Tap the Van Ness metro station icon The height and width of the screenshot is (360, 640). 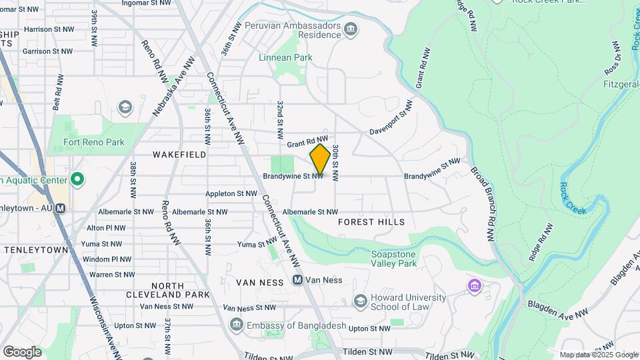[298, 281]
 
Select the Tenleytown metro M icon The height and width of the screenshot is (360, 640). [61, 208]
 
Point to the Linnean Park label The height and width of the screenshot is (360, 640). [285, 58]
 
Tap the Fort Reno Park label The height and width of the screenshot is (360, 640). [94, 142]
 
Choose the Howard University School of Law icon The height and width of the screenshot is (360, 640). [360, 301]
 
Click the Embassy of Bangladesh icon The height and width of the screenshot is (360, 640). [236, 325]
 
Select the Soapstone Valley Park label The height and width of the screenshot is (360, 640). [393, 259]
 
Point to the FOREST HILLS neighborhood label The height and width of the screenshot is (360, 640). [371, 222]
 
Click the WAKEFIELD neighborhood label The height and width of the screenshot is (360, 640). [179, 155]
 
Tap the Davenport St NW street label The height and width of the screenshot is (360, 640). [392, 118]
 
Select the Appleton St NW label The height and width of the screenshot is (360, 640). [231, 194]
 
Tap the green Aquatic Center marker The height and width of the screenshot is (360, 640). [77, 179]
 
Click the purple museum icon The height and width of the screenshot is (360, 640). [474, 287]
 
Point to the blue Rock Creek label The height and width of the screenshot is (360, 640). [573, 198]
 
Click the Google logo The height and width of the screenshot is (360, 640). [22, 351]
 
